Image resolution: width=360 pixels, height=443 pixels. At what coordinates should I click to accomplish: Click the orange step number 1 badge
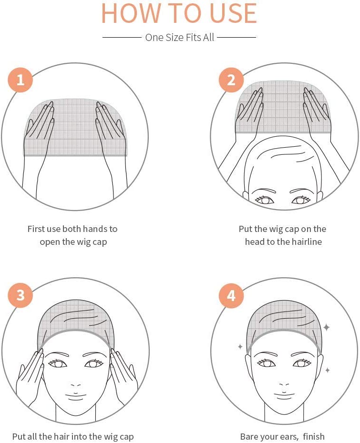(x=21, y=80)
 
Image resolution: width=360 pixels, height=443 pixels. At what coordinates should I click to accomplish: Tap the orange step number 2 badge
(x=231, y=80)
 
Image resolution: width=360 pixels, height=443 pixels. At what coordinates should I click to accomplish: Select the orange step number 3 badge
(x=21, y=295)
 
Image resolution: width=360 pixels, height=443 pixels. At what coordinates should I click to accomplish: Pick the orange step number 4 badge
(x=231, y=295)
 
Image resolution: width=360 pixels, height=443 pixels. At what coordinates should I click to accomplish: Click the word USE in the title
(x=233, y=13)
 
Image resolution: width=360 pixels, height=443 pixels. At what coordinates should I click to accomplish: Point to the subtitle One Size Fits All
(x=180, y=37)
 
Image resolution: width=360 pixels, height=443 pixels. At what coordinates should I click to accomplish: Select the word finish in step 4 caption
(x=314, y=436)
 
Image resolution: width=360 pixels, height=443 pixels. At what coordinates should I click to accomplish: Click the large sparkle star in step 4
(x=326, y=327)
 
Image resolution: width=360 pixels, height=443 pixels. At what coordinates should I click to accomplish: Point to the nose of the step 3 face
(x=75, y=385)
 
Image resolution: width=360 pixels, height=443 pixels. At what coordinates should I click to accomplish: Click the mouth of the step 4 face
(x=285, y=395)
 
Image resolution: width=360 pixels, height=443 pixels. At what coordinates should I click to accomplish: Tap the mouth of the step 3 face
(x=75, y=395)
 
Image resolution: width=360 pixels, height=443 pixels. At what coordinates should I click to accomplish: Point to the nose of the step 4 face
(x=285, y=385)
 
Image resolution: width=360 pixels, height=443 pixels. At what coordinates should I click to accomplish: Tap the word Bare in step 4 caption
(x=248, y=436)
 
